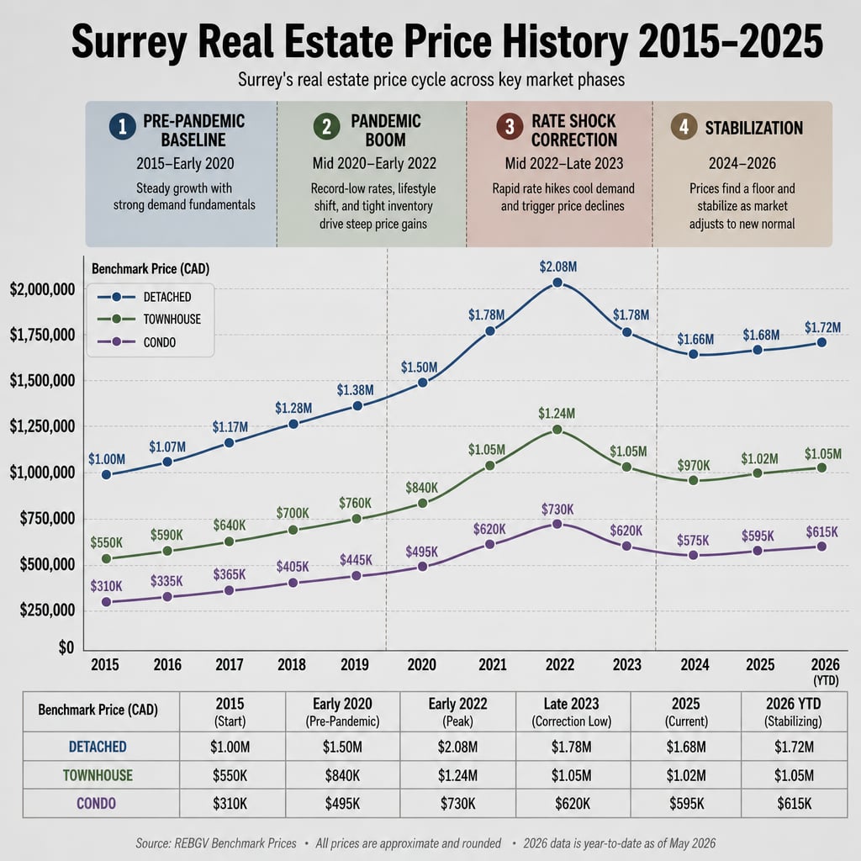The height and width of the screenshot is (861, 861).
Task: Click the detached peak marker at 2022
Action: pos(557,283)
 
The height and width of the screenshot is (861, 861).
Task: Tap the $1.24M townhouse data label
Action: pos(557,413)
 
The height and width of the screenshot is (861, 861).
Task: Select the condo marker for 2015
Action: pos(107,602)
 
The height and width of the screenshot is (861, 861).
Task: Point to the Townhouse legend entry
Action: pos(149,319)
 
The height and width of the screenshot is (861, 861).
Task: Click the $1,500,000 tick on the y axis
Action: pos(42,381)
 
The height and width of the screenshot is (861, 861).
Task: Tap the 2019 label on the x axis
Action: pos(354,664)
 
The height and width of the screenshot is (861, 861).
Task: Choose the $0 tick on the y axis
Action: pos(66,647)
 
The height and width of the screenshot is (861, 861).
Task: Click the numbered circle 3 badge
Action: pos(510,126)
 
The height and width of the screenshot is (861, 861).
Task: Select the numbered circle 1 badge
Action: pos(123,126)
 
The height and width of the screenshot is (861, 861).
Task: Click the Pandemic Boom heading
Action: pos(385,130)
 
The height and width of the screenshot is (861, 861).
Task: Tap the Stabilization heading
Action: pos(754,128)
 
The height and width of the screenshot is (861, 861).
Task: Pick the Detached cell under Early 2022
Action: pos(457,747)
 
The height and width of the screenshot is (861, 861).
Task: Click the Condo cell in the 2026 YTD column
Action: pos(794,803)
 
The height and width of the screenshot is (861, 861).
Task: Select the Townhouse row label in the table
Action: pos(98,774)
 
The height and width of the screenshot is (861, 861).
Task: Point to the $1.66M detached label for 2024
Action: pos(695,339)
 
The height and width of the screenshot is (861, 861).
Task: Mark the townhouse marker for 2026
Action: pos(821,467)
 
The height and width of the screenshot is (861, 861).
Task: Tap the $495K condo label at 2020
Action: pos(422,552)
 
